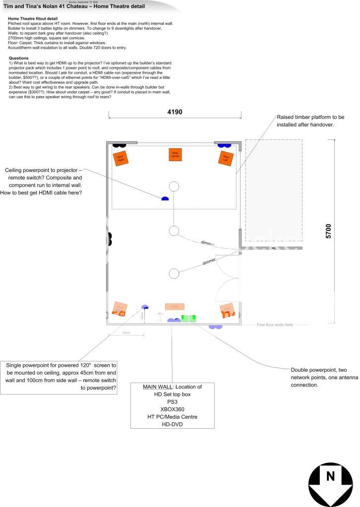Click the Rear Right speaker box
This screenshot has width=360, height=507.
coord(120,158)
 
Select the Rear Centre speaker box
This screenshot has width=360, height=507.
coord(175,154)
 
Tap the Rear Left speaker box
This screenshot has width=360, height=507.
coord(226,158)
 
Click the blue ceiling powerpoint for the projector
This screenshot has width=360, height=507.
coord(165,199)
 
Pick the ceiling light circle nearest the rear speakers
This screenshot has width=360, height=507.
coord(174,186)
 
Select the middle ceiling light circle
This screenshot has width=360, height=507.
coord(174,230)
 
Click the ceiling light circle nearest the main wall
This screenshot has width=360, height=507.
coord(174,273)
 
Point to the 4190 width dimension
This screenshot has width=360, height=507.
coord(175,112)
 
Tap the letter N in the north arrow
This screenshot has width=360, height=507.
coord(330,476)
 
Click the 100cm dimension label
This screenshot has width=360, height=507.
coord(126,333)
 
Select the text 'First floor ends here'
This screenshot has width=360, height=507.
coord(275,325)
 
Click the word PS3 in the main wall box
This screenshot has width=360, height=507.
coord(172,402)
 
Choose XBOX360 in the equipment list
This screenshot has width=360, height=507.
coord(172,409)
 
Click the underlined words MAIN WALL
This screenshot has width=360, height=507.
coord(157,387)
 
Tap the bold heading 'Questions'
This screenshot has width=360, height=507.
coord(19,58)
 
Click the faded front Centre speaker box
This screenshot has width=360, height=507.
coord(175,307)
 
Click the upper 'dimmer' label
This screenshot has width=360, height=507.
coord(208,243)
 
